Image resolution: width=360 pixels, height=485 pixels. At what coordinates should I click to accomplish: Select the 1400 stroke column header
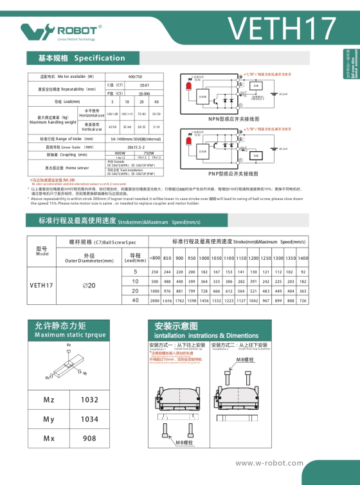303,258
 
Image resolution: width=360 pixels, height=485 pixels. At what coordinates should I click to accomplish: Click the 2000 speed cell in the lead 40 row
154,300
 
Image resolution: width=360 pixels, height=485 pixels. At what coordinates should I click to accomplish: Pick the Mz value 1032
90,400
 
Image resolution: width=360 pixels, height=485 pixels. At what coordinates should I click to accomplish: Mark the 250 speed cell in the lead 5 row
154,272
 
